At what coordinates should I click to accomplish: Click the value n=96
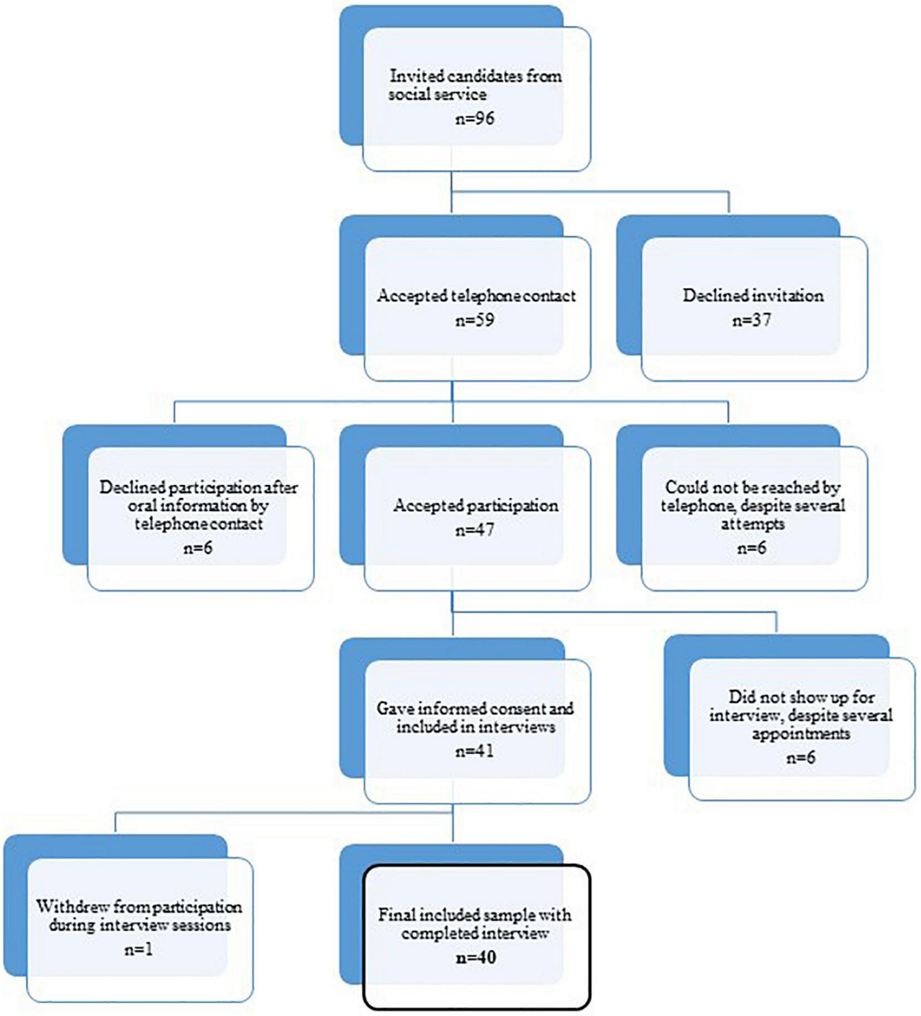coord(474,119)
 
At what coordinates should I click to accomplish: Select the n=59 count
coord(474,320)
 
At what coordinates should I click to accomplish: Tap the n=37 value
coord(752,320)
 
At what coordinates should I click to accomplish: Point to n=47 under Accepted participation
coord(474,530)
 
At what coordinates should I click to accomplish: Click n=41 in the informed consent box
coord(474,751)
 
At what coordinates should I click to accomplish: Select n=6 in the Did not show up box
coord(801,758)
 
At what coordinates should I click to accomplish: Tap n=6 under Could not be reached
coord(752,548)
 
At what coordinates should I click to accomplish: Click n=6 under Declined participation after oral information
coord(198,548)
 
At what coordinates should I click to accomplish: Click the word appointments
coord(801,734)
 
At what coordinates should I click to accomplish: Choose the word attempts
coord(752,524)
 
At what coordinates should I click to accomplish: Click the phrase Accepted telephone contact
coord(476,295)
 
